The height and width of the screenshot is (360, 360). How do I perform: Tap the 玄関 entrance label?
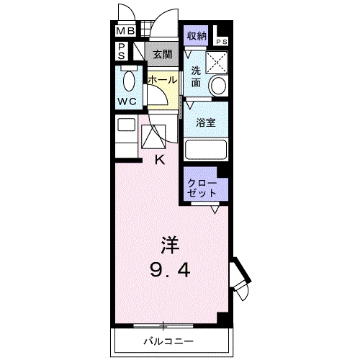tap(161, 53)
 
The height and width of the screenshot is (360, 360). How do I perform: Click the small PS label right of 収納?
tap(220, 42)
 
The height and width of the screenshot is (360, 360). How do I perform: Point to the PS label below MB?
tap(123, 52)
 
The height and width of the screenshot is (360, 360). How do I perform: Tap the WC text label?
tap(127, 102)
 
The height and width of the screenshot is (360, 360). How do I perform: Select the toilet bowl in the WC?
tap(130, 80)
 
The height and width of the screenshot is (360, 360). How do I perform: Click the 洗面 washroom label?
tap(197, 77)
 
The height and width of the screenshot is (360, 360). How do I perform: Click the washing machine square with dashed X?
tap(217, 62)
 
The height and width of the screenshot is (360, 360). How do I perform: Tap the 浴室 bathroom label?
tap(206, 122)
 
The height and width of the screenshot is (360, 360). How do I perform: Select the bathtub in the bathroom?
tap(206, 150)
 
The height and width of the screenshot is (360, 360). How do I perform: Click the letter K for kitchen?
tap(161, 160)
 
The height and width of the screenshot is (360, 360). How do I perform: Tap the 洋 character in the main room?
tap(170, 246)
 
